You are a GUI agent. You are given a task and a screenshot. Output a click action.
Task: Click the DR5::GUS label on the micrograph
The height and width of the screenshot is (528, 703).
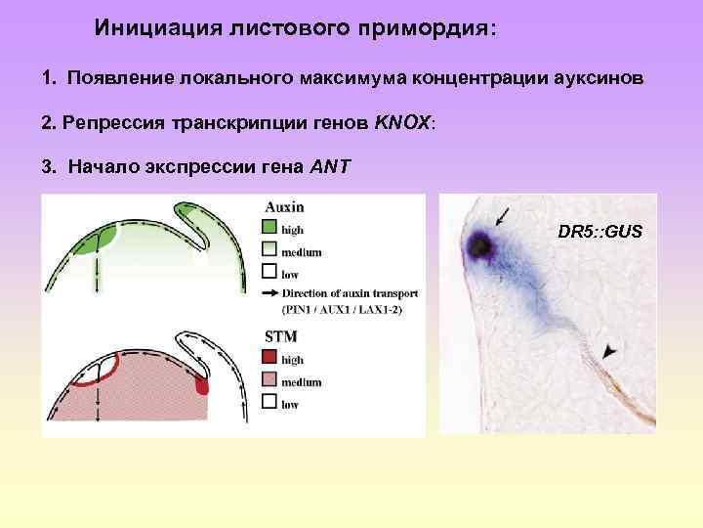point(600,232)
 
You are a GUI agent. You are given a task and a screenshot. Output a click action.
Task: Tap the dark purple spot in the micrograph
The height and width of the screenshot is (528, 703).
point(479,245)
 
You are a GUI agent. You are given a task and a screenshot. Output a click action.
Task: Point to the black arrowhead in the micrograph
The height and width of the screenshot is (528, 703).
point(610,348)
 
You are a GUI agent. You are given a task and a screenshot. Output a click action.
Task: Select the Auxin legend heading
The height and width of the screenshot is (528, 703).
point(284,207)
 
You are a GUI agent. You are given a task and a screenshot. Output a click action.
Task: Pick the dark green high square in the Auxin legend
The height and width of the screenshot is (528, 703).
point(270,230)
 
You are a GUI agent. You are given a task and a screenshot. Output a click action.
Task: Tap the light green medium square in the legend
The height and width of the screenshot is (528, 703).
point(270,252)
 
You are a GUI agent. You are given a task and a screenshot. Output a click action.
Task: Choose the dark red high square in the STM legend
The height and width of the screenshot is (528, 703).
point(270,360)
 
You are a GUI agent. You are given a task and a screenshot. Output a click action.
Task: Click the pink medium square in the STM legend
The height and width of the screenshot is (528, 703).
point(270,381)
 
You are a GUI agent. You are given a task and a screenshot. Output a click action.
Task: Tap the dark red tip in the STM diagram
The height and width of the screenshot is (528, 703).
point(202,386)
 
